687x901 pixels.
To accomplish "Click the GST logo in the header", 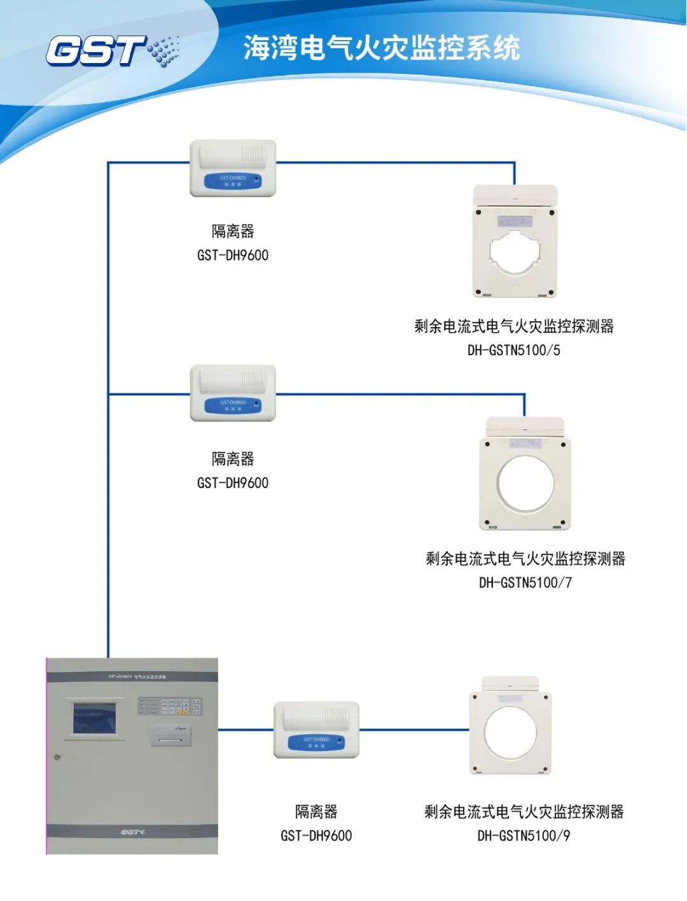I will (x=111, y=50).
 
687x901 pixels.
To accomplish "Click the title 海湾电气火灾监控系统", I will (x=382, y=48).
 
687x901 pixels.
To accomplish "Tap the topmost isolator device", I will (x=233, y=168).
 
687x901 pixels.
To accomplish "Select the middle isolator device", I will (x=233, y=393).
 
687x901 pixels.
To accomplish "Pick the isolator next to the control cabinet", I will (x=316, y=730).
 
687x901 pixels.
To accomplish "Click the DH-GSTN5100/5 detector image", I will (x=515, y=242).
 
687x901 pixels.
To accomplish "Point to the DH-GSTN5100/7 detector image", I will (x=525, y=474).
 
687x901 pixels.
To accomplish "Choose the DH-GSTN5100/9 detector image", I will (x=510, y=725).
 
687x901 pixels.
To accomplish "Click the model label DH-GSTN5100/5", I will (x=514, y=350).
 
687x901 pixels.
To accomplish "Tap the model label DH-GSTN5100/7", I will (x=525, y=582).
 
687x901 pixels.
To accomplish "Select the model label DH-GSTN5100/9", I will (x=524, y=835).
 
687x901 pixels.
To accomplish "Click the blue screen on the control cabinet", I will (x=95, y=717).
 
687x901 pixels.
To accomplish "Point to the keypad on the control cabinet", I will (x=170, y=706).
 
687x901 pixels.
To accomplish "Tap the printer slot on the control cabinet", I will (x=170, y=739).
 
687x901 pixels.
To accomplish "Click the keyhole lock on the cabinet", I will (x=58, y=757).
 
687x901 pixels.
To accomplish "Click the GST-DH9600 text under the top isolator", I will (x=233, y=255).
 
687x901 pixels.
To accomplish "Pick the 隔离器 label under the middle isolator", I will (x=233, y=459).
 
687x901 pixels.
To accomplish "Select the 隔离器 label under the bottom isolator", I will (x=316, y=811).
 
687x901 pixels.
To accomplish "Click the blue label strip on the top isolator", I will (x=233, y=181).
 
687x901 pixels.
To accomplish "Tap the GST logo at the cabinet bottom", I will (x=133, y=831).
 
